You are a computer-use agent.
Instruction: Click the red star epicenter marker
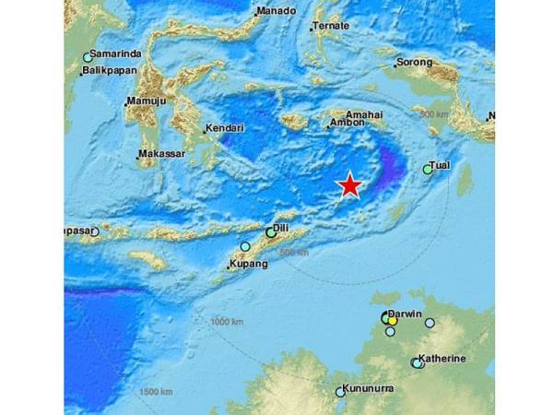(x=350, y=185)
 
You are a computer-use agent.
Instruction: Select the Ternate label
(x=332, y=27)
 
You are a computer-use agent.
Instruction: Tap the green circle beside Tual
(x=428, y=170)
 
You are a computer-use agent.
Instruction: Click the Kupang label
(x=249, y=265)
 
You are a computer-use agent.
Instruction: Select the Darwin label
(x=405, y=314)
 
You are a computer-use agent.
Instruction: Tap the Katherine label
(x=441, y=358)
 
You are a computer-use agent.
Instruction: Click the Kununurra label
(x=368, y=388)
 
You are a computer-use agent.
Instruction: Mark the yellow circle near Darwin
(x=392, y=320)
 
